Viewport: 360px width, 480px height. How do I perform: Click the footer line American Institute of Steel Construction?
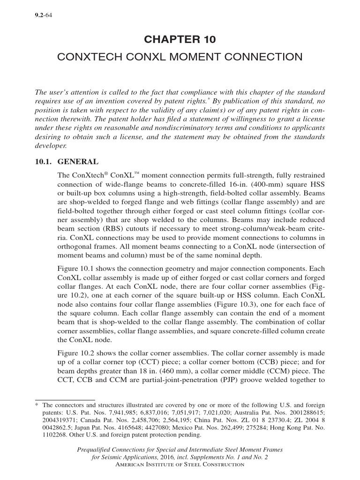click(180, 464)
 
